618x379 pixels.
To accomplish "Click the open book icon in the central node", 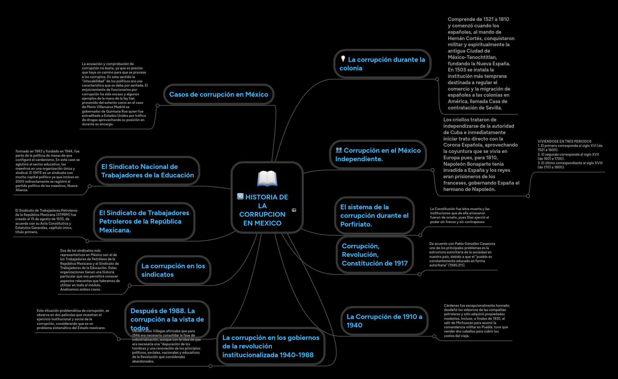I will pos(267,178).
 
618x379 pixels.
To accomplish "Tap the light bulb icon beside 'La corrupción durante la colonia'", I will pos(343,59).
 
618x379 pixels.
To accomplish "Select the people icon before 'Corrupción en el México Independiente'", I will pos(339,150).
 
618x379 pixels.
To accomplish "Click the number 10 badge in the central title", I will pos(240,196).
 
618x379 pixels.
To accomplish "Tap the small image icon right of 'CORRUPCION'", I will pos(294,210).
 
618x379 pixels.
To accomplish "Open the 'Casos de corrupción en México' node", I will pos(219,94).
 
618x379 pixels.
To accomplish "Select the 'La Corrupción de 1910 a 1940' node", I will pos(384,321).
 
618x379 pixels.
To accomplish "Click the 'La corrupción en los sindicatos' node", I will pos(173,270).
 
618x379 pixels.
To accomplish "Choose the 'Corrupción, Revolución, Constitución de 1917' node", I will pos(374,254).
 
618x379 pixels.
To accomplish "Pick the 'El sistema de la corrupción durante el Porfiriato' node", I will pos(374,215).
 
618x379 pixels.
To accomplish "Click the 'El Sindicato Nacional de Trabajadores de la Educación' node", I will pos(147,171).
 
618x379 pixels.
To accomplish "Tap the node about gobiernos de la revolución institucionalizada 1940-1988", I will pos(271,346).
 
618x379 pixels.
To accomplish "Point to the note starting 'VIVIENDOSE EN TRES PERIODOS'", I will pos(570,154).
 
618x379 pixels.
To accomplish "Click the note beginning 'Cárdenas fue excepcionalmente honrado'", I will pos(477,321).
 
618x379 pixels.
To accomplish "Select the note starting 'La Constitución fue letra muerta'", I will pos(460,215).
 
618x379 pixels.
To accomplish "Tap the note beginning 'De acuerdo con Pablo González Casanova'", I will pos(462,254).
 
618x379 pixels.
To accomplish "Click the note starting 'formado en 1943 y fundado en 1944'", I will pos(48,171).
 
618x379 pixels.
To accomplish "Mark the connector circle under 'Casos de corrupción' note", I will pos(157,105).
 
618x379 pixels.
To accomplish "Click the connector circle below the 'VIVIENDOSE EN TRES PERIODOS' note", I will pos(528,196).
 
